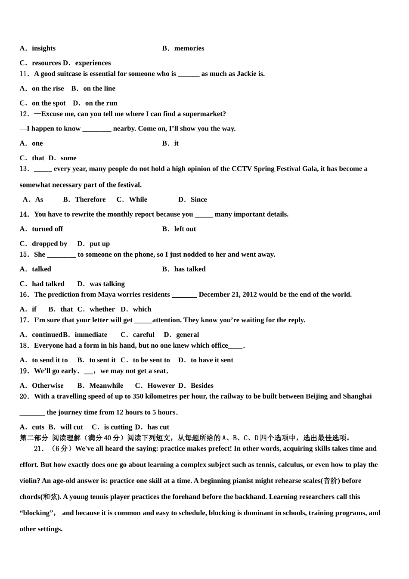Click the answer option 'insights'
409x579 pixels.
click(x=43, y=48)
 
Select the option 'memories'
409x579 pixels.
click(x=189, y=48)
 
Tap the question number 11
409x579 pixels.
click(x=24, y=74)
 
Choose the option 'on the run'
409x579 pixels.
click(x=101, y=103)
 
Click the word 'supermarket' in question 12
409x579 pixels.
click(x=204, y=114)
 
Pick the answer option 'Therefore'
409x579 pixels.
click(x=90, y=199)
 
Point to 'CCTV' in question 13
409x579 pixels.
click(x=242, y=168)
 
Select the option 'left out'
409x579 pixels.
click(x=185, y=229)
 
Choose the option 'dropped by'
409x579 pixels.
click(x=50, y=243)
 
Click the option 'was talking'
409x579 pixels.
click(x=107, y=284)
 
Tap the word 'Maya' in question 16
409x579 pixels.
click(x=107, y=295)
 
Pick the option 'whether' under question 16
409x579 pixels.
click(x=102, y=309)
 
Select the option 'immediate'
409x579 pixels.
click(x=91, y=335)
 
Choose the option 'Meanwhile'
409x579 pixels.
click(x=106, y=386)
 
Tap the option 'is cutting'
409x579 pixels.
click(x=118, y=427)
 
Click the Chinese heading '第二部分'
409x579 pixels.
click(x=34, y=438)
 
